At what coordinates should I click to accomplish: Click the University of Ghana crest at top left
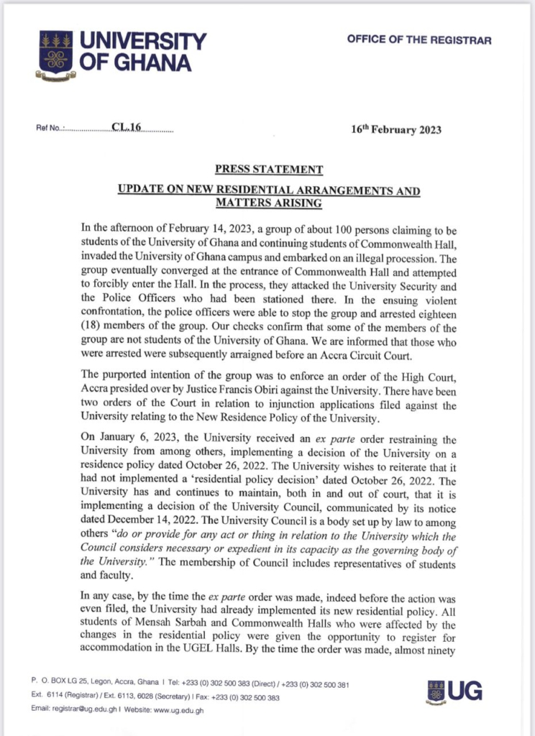(56, 52)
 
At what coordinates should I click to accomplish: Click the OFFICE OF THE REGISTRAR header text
(419, 40)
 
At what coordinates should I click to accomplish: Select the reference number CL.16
(127, 128)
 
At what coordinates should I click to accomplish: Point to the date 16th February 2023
(395, 130)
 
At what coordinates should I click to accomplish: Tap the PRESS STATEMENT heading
(268, 170)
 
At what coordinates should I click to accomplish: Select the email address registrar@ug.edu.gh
(86, 709)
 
